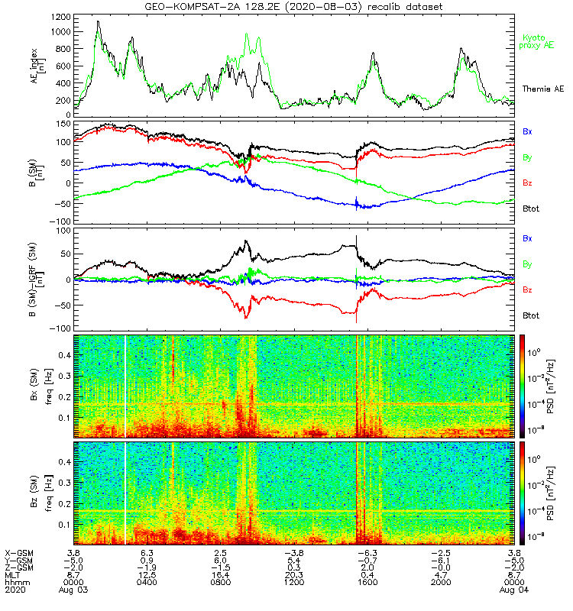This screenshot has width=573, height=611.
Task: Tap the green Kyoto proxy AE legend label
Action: coord(538,42)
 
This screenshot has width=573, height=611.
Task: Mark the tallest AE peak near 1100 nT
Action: coord(98,22)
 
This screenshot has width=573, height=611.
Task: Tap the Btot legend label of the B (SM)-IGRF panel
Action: coord(532,315)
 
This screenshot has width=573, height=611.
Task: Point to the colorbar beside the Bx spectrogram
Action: coord(523,386)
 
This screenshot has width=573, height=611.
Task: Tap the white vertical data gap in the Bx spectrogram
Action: coord(125,386)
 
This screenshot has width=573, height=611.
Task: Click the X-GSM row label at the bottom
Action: coord(18,552)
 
